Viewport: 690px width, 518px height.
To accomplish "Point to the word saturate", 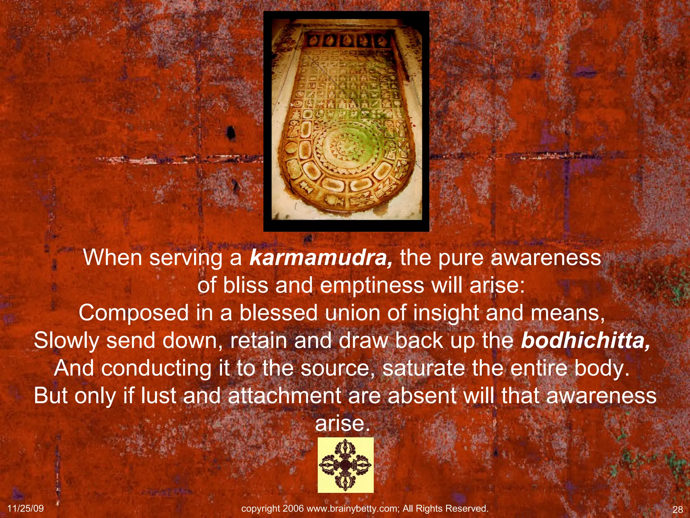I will click(424, 368).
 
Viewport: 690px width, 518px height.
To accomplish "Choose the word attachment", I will click(285, 396).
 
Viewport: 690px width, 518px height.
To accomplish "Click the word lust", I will click(158, 396).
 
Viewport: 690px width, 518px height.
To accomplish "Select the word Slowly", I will click(66, 341).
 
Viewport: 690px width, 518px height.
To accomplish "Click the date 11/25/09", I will click(25, 508).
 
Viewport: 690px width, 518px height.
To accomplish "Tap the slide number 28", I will click(677, 509).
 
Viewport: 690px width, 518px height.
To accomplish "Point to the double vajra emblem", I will click(345, 465).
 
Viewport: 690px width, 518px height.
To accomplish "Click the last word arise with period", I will click(342, 424).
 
